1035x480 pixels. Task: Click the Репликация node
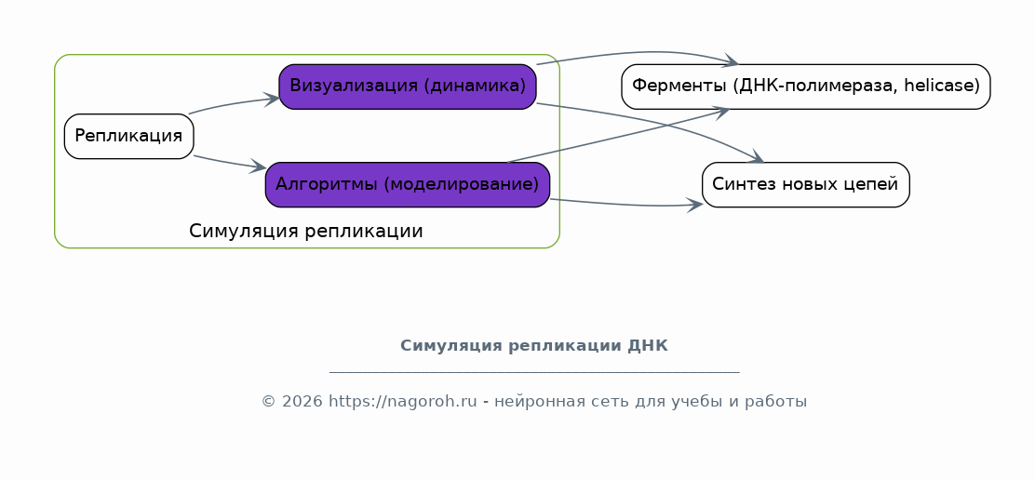point(128,137)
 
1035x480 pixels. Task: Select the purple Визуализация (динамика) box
point(408,87)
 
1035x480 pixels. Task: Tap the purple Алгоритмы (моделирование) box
point(408,184)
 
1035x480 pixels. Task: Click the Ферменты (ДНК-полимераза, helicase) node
point(806,87)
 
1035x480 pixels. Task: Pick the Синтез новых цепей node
point(805,184)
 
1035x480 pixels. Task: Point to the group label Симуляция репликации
point(305,232)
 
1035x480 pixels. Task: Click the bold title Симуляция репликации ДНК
point(534,345)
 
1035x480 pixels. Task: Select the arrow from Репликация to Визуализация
point(235,104)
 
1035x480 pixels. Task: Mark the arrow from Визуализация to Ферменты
point(637,53)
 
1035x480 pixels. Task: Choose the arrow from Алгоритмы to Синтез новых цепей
point(627,205)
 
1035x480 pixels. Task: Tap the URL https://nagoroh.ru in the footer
point(403,402)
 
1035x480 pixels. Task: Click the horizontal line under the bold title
point(534,372)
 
